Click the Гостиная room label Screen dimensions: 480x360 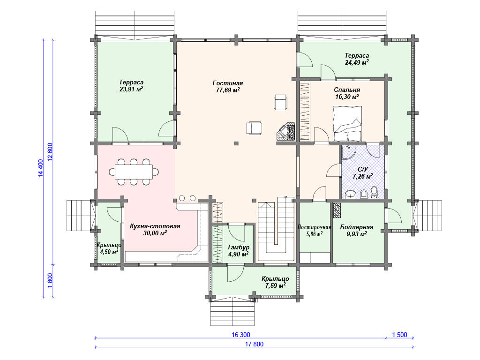pos(227,83)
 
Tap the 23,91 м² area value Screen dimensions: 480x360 pos(131,89)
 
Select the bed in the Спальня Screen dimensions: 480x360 pos(347,124)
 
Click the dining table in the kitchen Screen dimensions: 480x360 pos(134,172)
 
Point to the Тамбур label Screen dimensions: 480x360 pos(238,247)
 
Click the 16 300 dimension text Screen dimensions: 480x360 pos(241,335)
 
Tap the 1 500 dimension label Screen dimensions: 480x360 pos(400,335)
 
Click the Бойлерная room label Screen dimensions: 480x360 pos(357,227)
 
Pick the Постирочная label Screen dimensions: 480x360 pos(314,227)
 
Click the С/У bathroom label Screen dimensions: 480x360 pos(363,169)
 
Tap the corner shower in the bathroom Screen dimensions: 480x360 pos(348,152)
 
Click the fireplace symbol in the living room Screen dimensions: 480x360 pos(286,132)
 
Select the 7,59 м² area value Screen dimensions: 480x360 pos(275,285)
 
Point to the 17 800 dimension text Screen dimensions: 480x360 pos(254,344)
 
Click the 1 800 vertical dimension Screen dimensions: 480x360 pos(51,280)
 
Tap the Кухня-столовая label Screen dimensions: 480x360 pos(155,226)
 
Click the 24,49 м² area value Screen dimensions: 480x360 pos(357,62)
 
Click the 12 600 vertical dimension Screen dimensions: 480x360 pos(51,152)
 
